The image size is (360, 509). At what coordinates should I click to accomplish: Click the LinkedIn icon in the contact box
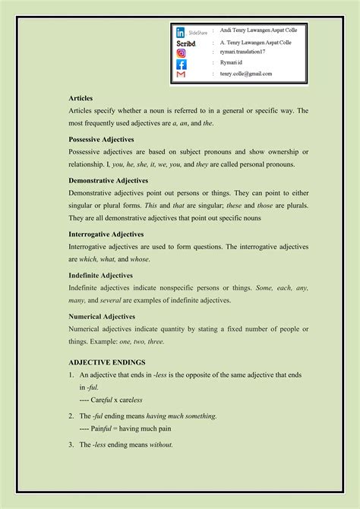pos(180,33)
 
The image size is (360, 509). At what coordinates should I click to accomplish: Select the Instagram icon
pos(181,53)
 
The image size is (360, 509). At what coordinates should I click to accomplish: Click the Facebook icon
pos(181,65)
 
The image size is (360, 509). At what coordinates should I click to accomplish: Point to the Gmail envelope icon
pos(181,75)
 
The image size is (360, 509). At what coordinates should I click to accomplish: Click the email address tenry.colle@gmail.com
pos(245,74)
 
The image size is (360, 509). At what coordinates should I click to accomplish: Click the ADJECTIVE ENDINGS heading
pos(106,363)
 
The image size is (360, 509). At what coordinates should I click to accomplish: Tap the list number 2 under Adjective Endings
pos(71,416)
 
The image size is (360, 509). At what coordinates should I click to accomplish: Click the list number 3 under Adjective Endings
pos(71,444)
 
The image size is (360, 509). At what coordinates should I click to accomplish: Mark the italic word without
pos(162,444)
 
